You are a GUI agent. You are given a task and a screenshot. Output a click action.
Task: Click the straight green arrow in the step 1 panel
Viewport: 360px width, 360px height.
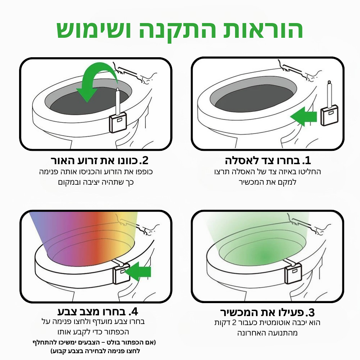(x=303, y=116)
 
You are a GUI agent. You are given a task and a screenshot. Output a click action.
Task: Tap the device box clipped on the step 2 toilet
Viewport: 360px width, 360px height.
(x=118, y=122)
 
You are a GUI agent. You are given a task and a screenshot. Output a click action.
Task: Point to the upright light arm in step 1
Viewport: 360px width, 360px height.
(x=330, y=94)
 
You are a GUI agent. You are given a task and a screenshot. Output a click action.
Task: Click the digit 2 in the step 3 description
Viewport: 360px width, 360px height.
(x=234, y=323)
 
